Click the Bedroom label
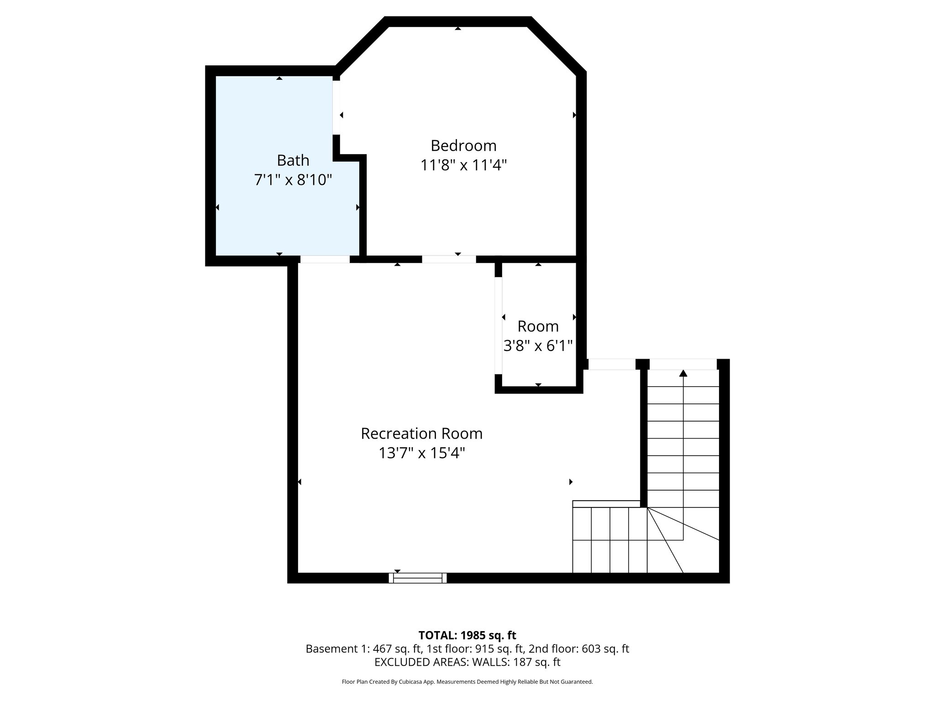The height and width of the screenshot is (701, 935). [x=463, y=146]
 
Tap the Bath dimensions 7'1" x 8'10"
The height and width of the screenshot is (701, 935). [x=293, y=180]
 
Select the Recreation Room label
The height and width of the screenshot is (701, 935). [x=421, y=433]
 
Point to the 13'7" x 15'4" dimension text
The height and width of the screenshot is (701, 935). [x=421, y=453]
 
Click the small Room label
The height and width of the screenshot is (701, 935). [x=538, y=326]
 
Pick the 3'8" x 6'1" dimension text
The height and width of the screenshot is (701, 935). [x=538, y=346]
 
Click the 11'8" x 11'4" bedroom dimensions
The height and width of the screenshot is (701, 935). [x=463, y=165]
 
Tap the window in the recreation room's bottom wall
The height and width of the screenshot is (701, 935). [x=418, y=578]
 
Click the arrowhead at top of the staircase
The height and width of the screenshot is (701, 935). [x=683, y=373]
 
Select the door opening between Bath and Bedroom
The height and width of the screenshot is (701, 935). [x=336, y=108]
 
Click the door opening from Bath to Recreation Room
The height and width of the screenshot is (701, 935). [x=325, y=259]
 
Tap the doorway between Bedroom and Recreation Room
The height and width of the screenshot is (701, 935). [x=449, y=259]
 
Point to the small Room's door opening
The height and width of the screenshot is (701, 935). [x=499, y=325]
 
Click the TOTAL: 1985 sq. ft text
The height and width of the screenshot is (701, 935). [x=467, y=635]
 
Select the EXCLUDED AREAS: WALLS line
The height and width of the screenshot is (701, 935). [x=467, y=662]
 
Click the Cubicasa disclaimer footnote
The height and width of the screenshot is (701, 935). [x=467, y=682]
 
